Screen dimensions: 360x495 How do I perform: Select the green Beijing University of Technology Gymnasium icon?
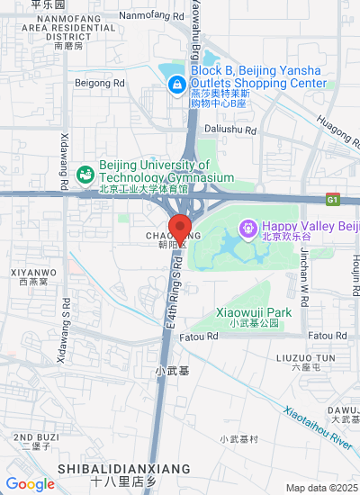tap(86, 173)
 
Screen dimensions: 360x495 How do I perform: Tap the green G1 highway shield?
tap(333, 199)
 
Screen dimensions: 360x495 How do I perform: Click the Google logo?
tap(30, 484)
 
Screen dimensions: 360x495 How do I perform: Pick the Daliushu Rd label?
tap(230, 130)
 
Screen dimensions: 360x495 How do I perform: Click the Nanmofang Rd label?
tap(150, 15)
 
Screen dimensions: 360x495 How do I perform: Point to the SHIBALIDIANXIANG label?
tap(124, 469)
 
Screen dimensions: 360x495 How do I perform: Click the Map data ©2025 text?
tap(321, 488)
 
